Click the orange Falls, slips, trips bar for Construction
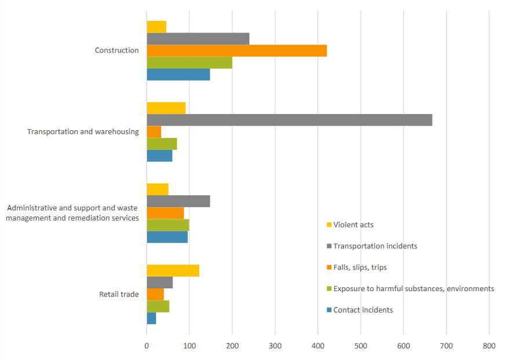tap(236, 51)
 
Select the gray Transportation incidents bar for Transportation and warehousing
tap(289, 120)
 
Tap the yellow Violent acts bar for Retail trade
tap(173, 270)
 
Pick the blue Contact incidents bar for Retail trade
tap(151, 318)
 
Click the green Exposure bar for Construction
tap(189, 63)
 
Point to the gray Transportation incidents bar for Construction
tap(198, 39)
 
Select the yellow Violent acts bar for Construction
tap(156, 27)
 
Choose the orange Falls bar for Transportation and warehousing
tap(154, 132)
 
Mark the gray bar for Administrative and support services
tap(178, 201)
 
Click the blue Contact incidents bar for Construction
tap(178, 75)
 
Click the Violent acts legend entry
tap(353, 225)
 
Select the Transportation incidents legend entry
tap(375, 246)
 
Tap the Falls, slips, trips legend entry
tap(360, 267)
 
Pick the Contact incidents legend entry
tap(363, 310)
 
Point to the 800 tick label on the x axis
tap(489, 346)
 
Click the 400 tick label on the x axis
tap(317, 346)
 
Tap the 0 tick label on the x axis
tap(147, 346)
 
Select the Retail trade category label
tap(119, 294)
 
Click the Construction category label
tap(116, 50)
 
